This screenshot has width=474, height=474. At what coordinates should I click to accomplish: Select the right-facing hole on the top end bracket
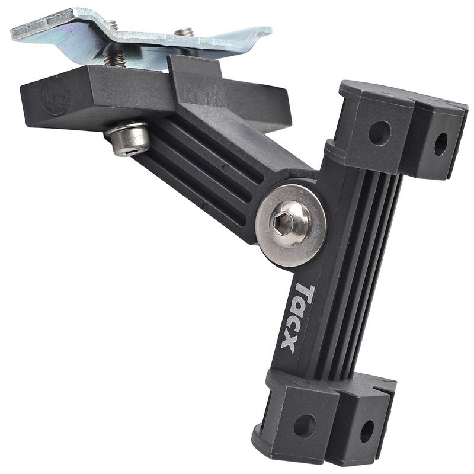tap(441, 144)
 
